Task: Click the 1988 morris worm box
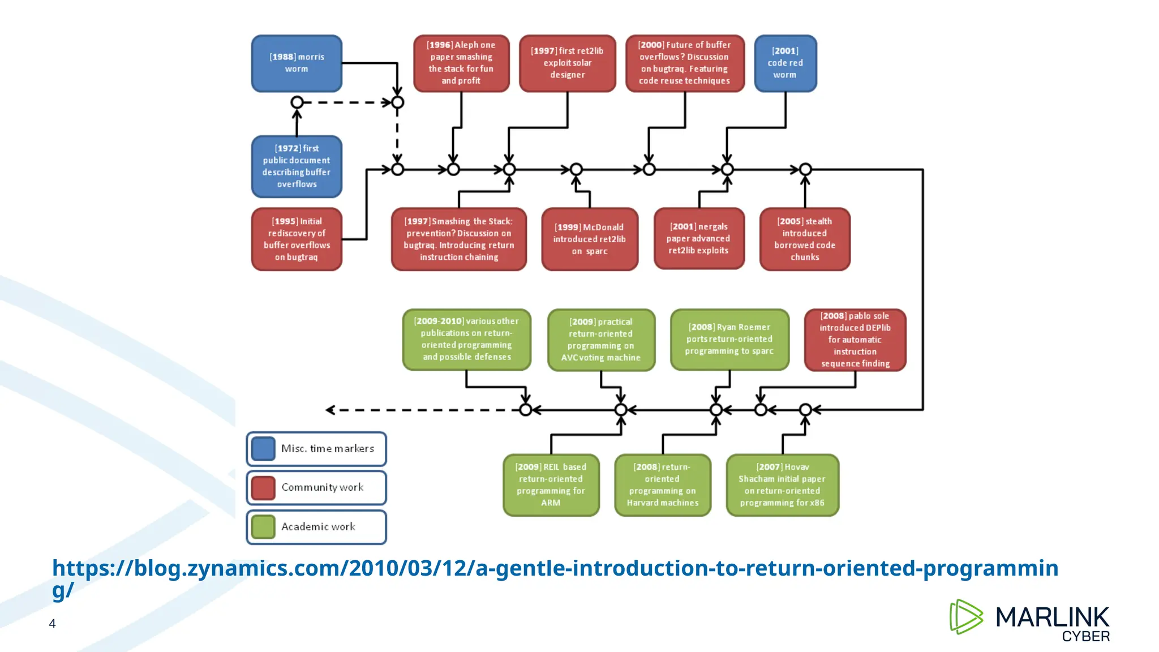(297, 63)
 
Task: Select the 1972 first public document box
(297, 166)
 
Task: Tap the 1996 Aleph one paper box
(461, 63)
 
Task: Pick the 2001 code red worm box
(785, 63)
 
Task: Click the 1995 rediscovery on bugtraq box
(297, 239)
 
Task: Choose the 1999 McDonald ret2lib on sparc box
(589, 239)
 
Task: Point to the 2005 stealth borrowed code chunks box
(804, 239)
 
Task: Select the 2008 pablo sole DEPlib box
(855, 340)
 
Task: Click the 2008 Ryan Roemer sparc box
(729, 340)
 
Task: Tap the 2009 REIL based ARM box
(551, 485)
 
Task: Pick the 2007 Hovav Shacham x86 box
(782, 485)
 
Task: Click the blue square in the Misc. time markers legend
(263, 449)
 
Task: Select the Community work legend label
(322, 487)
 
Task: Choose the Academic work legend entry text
(318, 527)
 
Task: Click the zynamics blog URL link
(555, 569)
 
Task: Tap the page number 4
(52, 624)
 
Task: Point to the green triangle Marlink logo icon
(965, 617)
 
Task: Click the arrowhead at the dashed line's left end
(330, 410)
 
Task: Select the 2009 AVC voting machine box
(600, 340)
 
